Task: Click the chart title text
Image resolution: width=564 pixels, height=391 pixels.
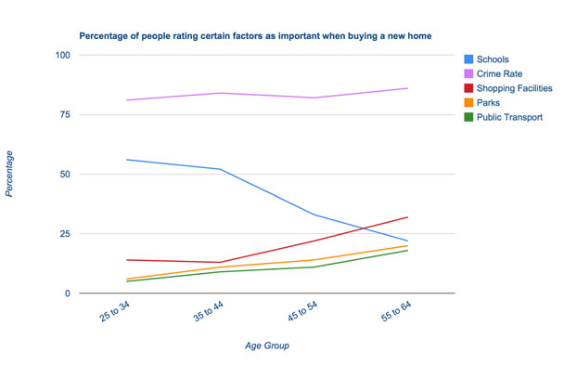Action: (x=255, y=36)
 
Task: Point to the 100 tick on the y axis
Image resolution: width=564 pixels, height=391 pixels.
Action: (x=63, y=56)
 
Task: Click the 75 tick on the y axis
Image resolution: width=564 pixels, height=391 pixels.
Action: (x=66, y=115)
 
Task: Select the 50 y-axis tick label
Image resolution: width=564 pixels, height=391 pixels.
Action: (x=66, y=175)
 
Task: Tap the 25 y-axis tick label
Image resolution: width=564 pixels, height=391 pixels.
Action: (x=66, y=234)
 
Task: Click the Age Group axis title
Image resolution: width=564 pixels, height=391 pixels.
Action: (x=267, y=346)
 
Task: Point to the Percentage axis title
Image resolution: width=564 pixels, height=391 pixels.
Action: (x=10, y=175)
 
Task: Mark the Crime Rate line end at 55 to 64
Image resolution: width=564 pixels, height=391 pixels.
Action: (x=408, y=88)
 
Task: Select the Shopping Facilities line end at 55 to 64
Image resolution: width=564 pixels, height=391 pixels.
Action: (x=408, y=217)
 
